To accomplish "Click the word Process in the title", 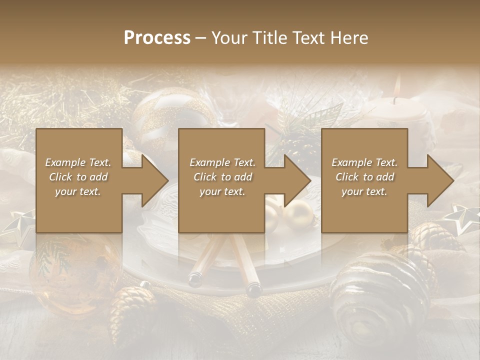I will point(157,38).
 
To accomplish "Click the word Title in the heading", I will point(270,38).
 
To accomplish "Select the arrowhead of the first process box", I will point(150,180).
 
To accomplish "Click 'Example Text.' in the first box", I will point(78,162).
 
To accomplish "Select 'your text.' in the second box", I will point(222,191).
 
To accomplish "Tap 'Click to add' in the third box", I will point(364,177).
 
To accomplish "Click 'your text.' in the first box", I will point(78,191).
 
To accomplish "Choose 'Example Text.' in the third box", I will point(364,162).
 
